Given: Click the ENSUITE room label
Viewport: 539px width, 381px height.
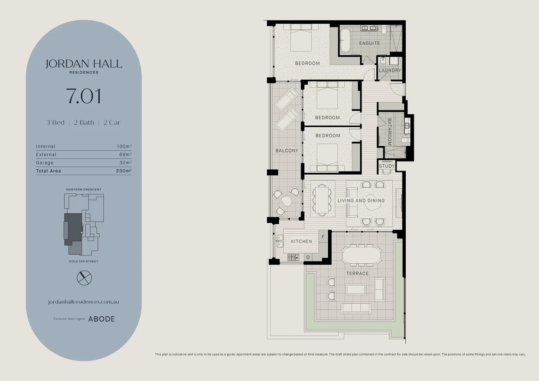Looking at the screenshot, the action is pos(370,43).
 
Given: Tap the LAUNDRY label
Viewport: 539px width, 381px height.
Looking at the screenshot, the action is pos(390,70).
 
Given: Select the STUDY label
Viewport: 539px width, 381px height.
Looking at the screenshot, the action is pos(387,166).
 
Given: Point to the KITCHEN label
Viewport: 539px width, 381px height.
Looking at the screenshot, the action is pos(302,241).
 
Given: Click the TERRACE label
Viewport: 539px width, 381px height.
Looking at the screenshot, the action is pos(357,273).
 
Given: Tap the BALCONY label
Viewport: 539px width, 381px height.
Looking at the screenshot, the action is pos(287,151).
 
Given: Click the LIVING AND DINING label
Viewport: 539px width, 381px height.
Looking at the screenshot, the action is pos(361,200).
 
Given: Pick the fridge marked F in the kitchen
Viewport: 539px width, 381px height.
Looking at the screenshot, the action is pos(323,237).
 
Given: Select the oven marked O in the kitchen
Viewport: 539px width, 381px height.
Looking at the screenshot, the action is pos(308,257).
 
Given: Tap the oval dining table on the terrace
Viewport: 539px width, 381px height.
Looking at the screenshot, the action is pos(362,255).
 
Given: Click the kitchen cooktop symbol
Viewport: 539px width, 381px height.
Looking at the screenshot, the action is pos(293,257).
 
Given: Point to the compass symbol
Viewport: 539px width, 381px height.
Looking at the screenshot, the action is pos(84,278).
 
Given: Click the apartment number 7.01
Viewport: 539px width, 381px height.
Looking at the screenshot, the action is pos(84,96).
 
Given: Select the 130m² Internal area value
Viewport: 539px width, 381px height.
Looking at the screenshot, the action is pos(124,146).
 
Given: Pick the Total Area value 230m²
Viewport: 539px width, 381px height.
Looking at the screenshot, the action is pos(124,171).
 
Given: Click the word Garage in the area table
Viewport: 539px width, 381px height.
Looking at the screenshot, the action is pos(44,163).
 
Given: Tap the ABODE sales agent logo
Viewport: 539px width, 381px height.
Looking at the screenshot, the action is pos(102,319).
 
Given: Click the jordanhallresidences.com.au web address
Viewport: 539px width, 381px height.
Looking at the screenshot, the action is pos(84,302).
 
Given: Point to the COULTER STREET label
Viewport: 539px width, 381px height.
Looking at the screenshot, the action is pos(84,261).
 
